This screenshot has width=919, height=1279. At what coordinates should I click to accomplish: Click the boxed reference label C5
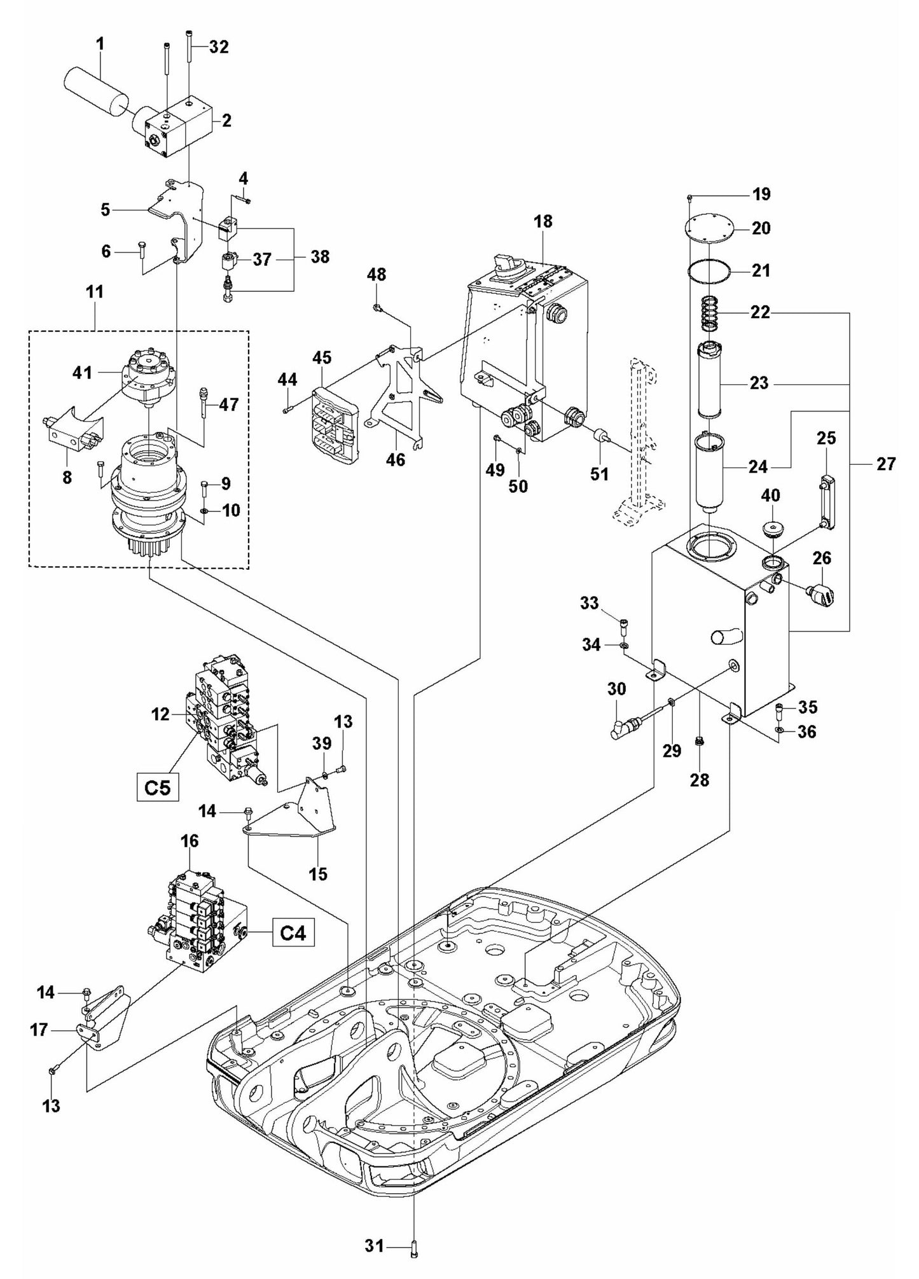[x=157, y=787]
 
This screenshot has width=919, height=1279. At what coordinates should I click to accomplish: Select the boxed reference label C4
[x=293, y=934]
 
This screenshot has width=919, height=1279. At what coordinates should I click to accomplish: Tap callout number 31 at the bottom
[x=375, y=1245]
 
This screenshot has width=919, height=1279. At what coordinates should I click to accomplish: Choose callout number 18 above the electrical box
[x=543, y=221]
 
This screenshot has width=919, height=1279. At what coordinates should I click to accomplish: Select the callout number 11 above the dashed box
[x=95, y=292]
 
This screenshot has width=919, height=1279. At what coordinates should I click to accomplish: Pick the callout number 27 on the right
[x=885, y=464]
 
